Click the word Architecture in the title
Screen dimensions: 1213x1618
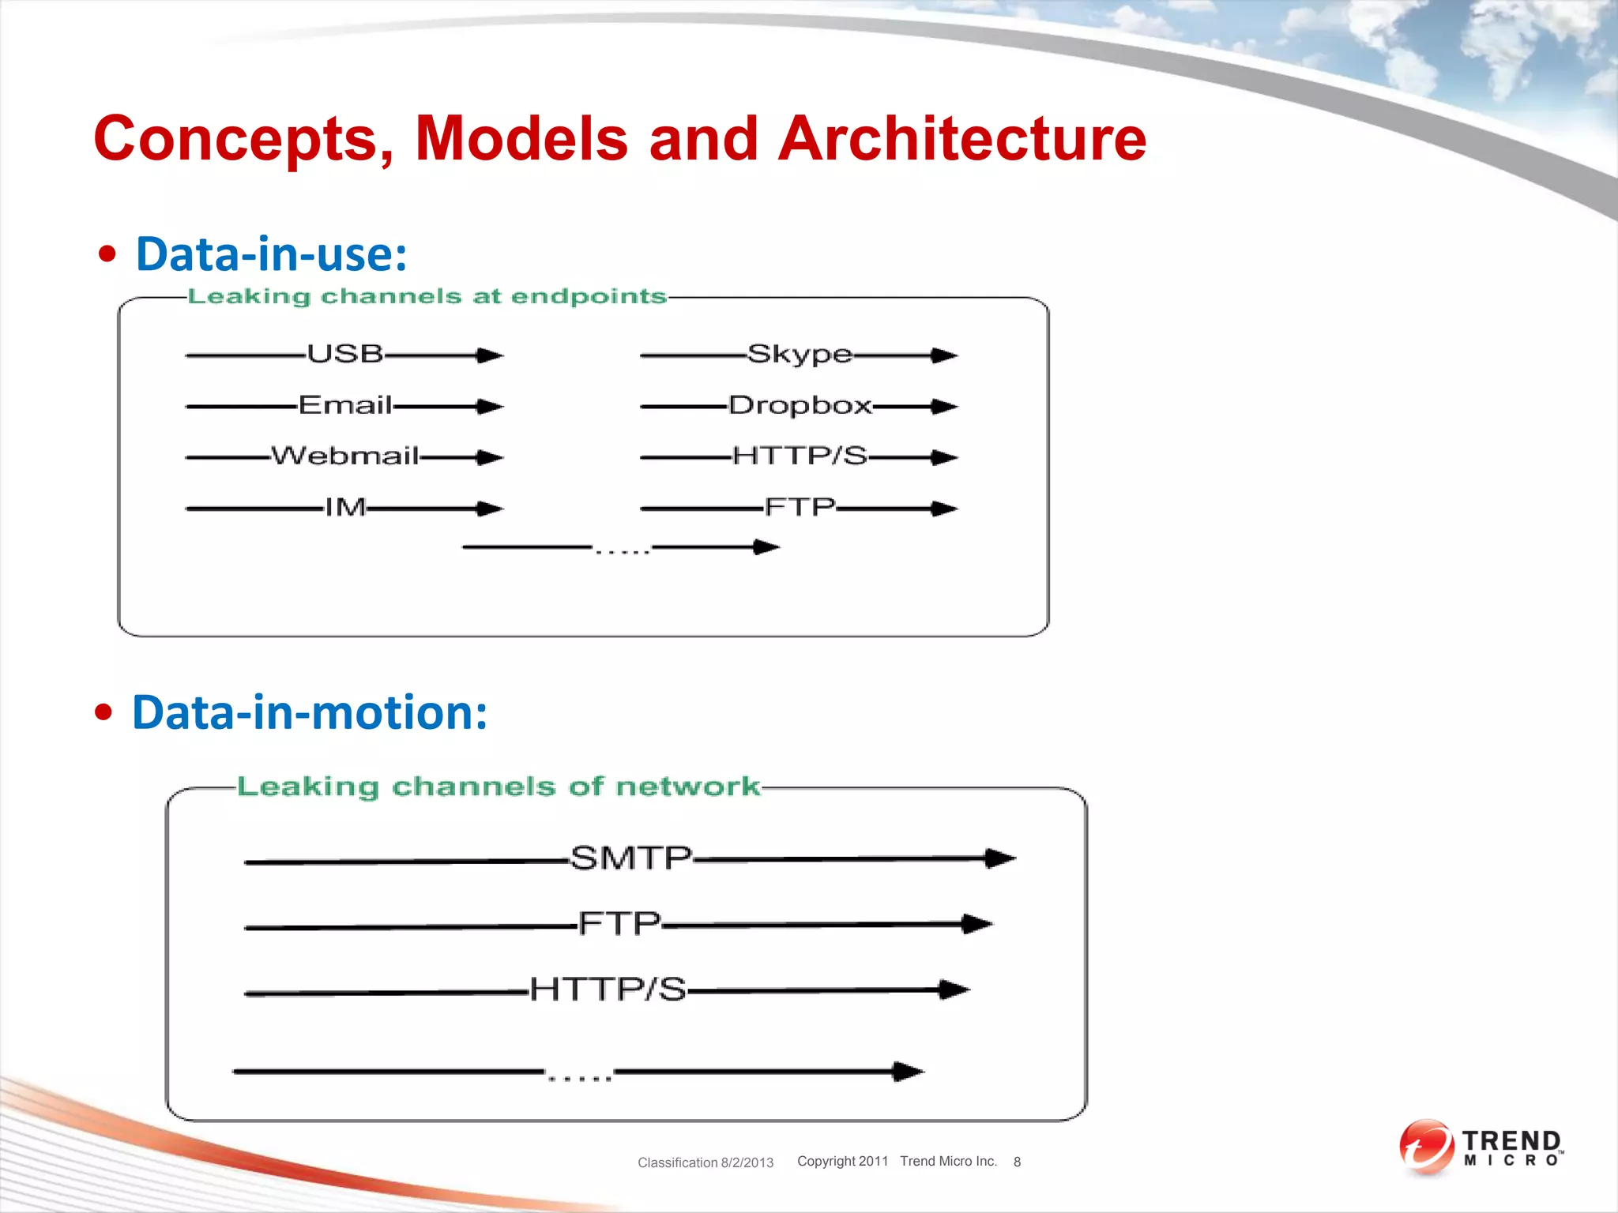pyautogui.click(x=961, y=139)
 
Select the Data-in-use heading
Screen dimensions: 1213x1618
pyautogui.click(x=271, y=254)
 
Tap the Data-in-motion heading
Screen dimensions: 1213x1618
pyautogui.click(x=309, y=712)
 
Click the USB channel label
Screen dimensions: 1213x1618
pyautogui.click(x=345, y=354)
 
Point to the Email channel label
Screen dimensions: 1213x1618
pyautogui.click(x=345, y=405)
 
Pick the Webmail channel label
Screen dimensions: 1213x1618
pyautogui.click(x=345, y=456)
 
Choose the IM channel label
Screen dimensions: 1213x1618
pyautogui.click(x=345, y=507)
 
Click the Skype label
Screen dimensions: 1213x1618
pyautogui.click(x=800, y=354)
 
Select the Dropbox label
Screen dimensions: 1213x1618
pyautogui.click(x=800, y=405)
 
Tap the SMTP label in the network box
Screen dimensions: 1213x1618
pyautogui.click(x=630, y=858)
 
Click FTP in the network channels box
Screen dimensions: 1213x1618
pyautogui.click(x=619, y=923)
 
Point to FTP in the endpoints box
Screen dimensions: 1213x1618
pyautogui.click(x=800, y=506)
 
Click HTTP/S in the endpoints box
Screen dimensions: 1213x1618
pyautogui.click(x=800, y=456)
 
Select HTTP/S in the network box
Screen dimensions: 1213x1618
pyautogui.click(x=608, y=989)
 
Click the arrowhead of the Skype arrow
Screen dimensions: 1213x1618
pyautogui.click(x=945, y=355)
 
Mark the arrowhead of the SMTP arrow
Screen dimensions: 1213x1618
pyautogui.click(x=1001, y=858)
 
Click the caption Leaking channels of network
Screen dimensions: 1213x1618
pyautogui.click(x=498, y=787)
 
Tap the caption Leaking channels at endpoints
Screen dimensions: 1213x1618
pyautogui.click(x=427, y=296)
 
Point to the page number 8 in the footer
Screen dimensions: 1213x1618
pyautogui.click(x=1017, y=1162)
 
